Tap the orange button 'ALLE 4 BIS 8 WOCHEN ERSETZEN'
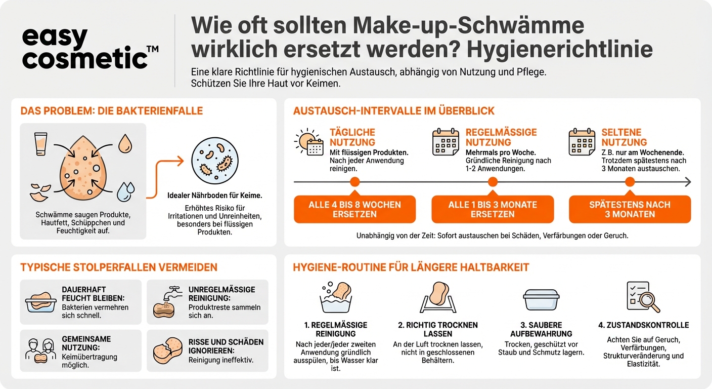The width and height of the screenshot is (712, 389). pyautogui.click(x=354, y=209)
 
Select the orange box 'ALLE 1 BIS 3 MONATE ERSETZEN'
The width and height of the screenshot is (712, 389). pyautogui.click(x=492, y=209)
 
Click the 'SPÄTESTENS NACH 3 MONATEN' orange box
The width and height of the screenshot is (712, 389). pyautogui.click(x=630, y=209)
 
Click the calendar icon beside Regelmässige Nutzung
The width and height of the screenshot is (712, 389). pyautogui.click(x=446, y=142)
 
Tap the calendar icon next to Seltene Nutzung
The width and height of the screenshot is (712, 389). pyautogui.click(x=582, y=142)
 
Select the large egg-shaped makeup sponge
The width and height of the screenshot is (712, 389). pyautogui.click(x=83, y=167)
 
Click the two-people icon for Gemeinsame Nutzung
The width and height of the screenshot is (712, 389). pyautogui.click(x=40, y=351)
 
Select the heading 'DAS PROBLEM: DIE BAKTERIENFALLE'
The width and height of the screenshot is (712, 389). pyautogui.click(x=111, y=111)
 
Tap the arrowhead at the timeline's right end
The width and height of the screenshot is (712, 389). pyautogui.click(x=688, y=182)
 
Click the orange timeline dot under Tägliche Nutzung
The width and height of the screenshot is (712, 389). pyautogui.click(x=354, y=182)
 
